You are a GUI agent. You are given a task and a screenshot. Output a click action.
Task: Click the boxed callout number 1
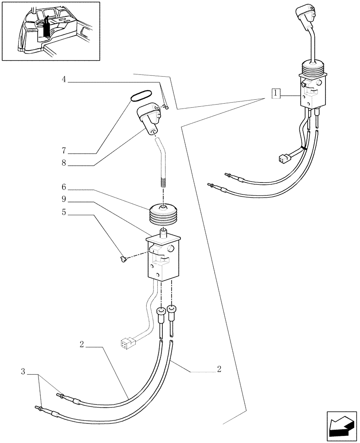(276, 93)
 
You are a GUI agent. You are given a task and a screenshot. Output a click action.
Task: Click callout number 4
(64, 80)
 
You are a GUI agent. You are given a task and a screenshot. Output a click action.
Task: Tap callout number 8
(64, 163)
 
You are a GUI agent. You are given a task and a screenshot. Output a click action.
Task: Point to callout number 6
(64, 187)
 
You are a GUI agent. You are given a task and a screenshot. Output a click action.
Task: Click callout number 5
(64, 212)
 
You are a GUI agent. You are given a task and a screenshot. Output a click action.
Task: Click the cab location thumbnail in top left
(51, 31)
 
